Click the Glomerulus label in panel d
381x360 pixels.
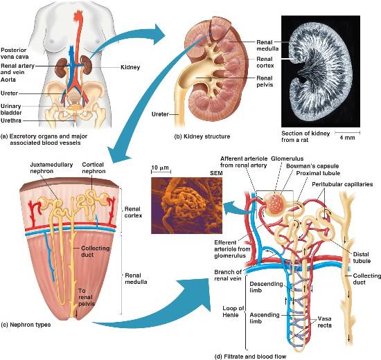[x=287, y=159]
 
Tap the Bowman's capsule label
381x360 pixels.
[x=312, y=166]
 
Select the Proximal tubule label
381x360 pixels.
[x=318, y=173]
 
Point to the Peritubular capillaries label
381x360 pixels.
[x=342, y=184]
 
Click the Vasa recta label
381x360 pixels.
[x=325, y=322]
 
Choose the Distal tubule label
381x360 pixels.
[x=362, y=258]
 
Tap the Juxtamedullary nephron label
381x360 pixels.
[x=51, y=168]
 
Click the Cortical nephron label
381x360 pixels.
[x=94, y=168]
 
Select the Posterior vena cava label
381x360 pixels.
[x=15, y=53]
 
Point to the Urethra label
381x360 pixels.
[x=11, y=120]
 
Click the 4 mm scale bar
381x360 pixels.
[x=348, y=133]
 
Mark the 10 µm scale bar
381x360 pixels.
[x=161, y=172]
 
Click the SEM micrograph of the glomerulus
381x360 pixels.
[x=186, y=206]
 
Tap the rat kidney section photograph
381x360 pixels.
[x=321, y=71]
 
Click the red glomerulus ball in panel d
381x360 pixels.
[x=274, y=203]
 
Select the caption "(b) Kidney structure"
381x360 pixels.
[x=202, y=136]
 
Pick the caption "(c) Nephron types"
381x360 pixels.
[x=26, y=325]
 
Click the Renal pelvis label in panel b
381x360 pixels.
[x=265, y=82]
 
